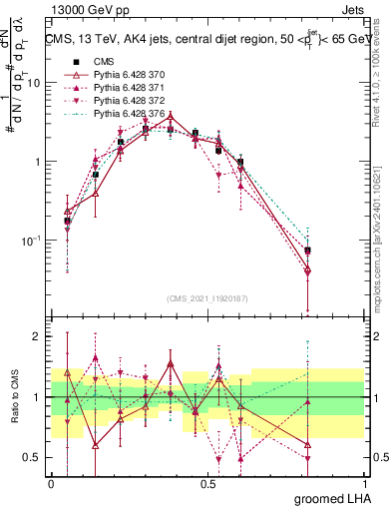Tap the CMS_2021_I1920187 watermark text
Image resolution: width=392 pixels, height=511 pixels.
tap(208, 297)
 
